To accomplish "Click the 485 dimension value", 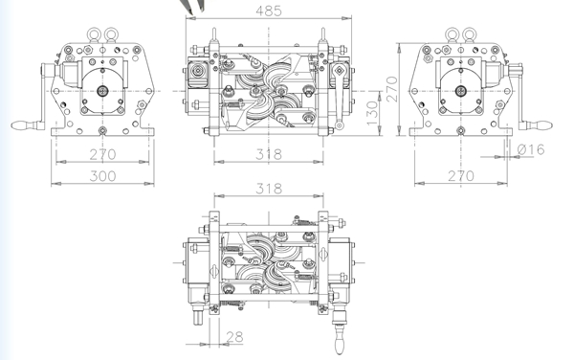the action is (269, 11).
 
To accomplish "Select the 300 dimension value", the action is (103, 176).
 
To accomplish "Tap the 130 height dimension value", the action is (371, 114).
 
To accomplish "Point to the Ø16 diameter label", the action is (531, 149).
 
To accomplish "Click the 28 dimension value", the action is (234, 337).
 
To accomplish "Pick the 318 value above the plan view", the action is (269, 189).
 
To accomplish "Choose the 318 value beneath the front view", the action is (269, 154).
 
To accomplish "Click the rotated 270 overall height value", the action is (391, 89).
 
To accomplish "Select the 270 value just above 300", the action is (103, 154).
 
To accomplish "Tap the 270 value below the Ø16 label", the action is (461, 176).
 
